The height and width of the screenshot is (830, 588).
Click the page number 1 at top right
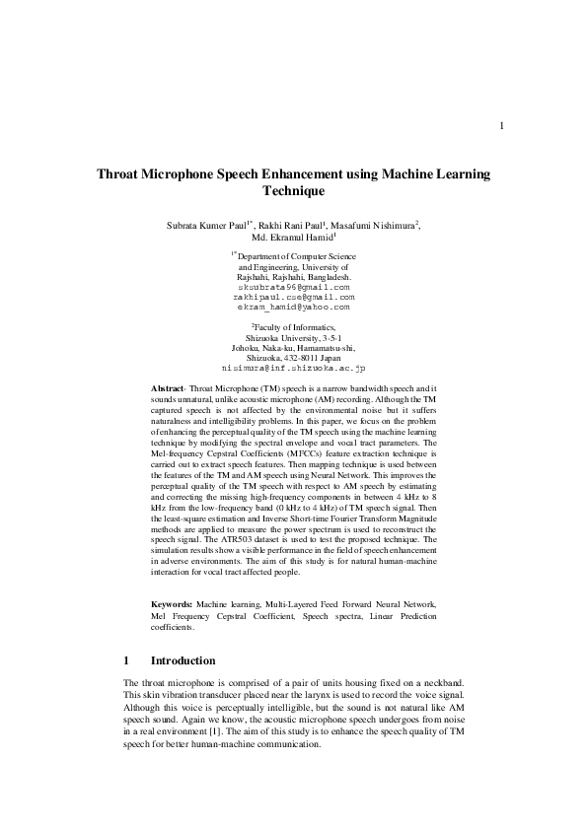click(x=502, y=125)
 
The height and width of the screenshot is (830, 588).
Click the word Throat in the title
click(x=123, y=173)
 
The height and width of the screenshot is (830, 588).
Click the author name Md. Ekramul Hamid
click(x=293, y=239)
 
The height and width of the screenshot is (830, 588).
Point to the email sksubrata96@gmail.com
click(x=294, y=287)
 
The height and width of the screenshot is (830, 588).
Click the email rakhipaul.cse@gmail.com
click(x=294, y=297)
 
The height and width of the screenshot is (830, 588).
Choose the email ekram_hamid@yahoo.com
click(x=294, y=307)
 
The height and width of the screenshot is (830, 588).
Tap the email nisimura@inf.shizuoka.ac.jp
click(x=294, y=367)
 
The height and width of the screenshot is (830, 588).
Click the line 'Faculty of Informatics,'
click(x=293, y=326)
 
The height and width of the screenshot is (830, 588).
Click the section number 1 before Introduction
click(x=126, y=659)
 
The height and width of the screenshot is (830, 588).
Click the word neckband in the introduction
click(x=442, y=683)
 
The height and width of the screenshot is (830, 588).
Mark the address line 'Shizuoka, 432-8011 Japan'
click(x=293, y=357)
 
